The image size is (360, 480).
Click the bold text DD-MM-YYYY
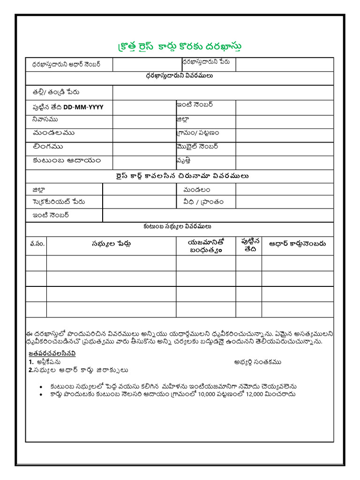(83, 107)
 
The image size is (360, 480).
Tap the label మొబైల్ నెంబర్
(197, 147)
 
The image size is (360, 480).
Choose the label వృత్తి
(184, 161)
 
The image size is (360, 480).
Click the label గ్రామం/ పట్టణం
(198, 133)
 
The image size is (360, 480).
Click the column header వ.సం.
(36, 244)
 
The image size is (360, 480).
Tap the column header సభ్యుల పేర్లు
(111, 244)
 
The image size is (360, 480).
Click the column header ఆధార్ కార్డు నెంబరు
(297, 244)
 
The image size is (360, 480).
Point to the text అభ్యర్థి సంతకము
(257, 362)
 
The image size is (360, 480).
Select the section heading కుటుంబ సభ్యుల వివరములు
(180, 227)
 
